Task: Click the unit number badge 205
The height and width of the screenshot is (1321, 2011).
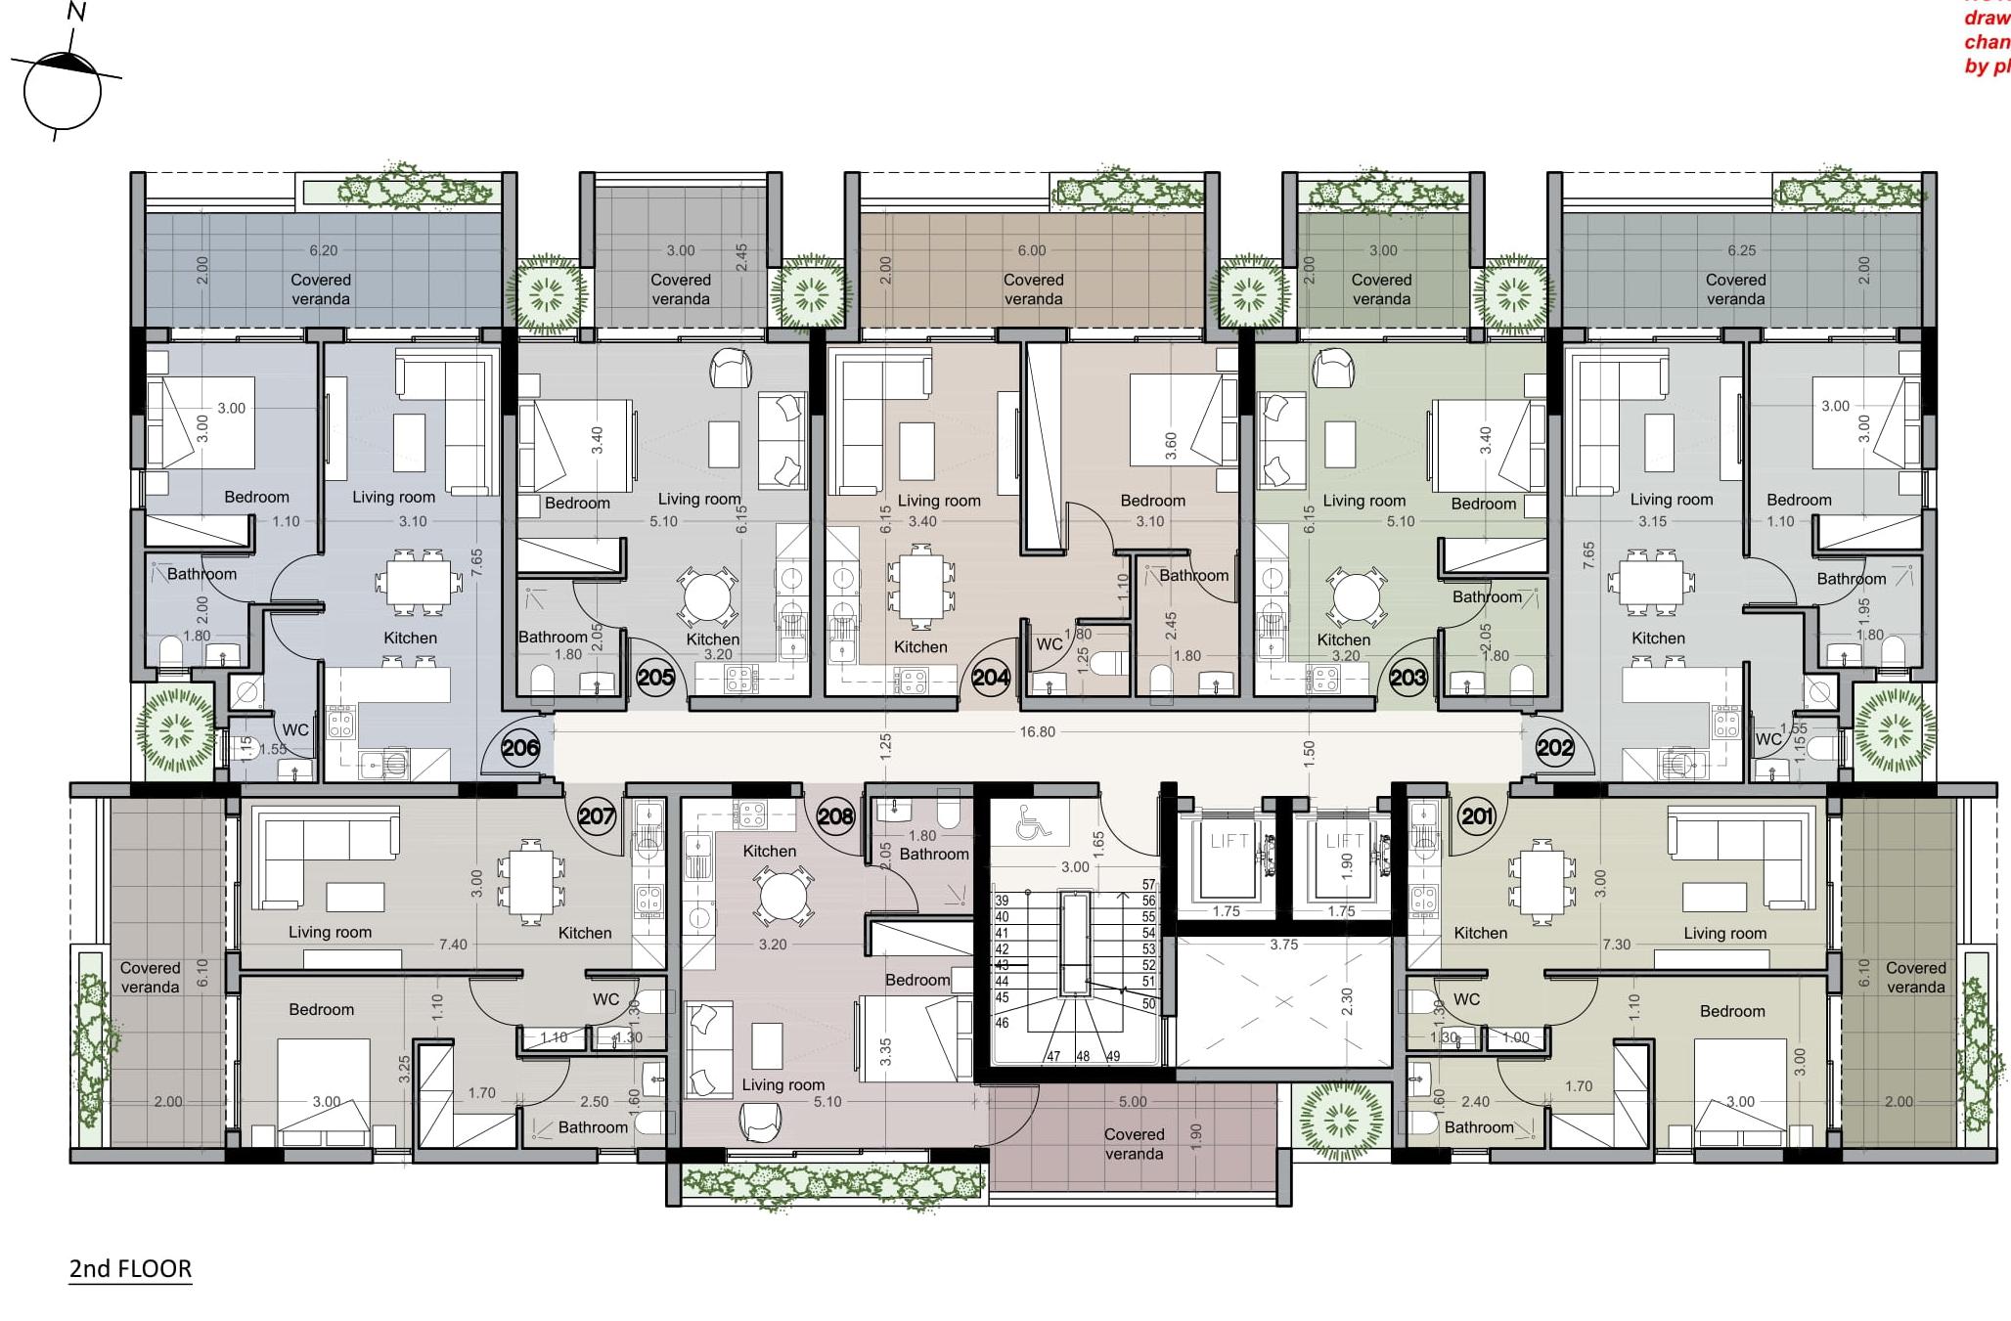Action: coord(655,677)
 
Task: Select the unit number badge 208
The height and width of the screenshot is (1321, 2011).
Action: coord(835,815)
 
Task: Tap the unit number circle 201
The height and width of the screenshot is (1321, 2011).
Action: coord(1477,815)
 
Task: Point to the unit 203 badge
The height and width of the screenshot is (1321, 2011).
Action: coord(1408,677)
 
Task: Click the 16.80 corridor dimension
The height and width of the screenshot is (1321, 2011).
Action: coord(1037,731)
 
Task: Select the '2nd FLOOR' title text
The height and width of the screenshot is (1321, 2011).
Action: coord(130,1269)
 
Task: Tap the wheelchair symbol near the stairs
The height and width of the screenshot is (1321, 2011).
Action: coord(1032,823)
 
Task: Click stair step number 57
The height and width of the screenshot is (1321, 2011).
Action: coord(1148,885)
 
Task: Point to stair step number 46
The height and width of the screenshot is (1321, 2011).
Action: coord(1002,1023)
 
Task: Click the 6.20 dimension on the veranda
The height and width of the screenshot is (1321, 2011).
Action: coord(324,250)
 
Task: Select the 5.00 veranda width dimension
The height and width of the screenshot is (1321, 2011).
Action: coord(1133,1101)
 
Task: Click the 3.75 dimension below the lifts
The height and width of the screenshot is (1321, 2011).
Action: coord(1283,945)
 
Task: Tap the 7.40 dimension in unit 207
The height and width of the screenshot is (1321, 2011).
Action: coord(453,945)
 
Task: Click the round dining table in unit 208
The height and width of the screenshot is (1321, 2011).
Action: coord(782,897)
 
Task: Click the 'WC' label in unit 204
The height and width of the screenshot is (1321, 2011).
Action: coord(1049,644)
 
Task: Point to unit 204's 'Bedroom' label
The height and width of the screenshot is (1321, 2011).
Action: coord(1152,501)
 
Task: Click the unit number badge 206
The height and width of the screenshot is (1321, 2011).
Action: coord(520,749)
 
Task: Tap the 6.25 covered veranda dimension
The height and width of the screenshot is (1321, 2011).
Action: coord(1741,250)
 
